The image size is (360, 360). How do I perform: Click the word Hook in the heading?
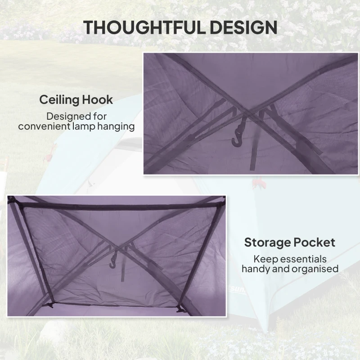99,99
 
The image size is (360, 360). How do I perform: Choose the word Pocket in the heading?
315,243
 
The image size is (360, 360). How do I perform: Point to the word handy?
258,269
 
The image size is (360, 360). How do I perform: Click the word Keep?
264,259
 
